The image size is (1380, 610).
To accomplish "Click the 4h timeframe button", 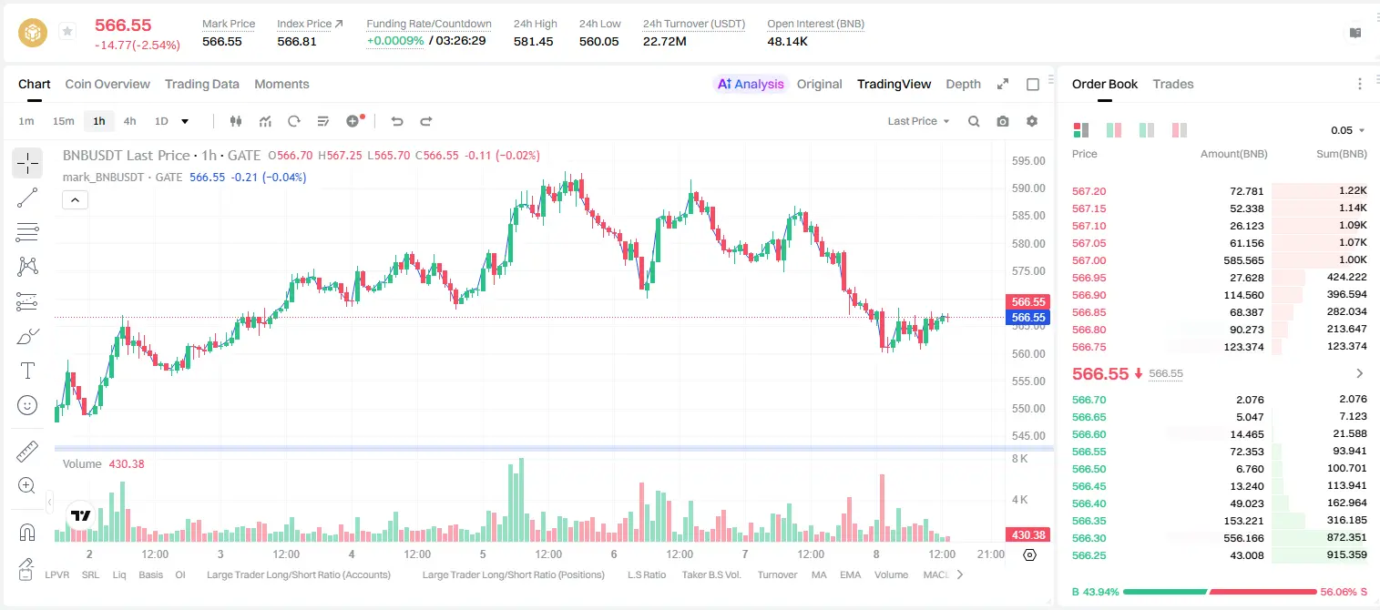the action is [x=129, y=121].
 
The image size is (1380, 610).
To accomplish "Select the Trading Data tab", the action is [x=201, y=85].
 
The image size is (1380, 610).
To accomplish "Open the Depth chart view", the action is [x=963, y=85].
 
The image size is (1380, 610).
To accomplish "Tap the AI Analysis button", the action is [x=751, y=85].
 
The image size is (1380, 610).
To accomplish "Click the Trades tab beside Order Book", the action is [x=1172, y=85].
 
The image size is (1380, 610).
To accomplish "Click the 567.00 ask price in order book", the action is [x=1089, y=260].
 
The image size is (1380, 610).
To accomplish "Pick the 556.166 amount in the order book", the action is [x=1243, y=538].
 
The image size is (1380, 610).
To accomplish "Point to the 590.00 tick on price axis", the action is [x=1028, y=188].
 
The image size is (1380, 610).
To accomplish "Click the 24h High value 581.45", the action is [x=533, y=41].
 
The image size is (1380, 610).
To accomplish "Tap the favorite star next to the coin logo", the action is [x=67, y=31].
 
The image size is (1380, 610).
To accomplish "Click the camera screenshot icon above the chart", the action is [x=1002, y=121].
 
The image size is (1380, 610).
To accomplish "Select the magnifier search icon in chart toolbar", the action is [x=974, y=121].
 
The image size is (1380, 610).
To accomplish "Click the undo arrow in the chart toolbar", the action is [x=397, y=121].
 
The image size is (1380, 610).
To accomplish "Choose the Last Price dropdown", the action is [x=918, y=121].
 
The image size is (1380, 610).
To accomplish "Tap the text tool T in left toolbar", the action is [x=27, y=371].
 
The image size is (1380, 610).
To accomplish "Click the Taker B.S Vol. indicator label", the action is [x=710, y=574].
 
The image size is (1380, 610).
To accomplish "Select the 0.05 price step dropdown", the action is [x=1347, y=130].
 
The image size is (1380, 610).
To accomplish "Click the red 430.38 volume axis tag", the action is [x=1027, y=535].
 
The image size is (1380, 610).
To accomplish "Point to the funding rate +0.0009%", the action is [x=395, y=41].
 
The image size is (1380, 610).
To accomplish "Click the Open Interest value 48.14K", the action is [x=787, y=41].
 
